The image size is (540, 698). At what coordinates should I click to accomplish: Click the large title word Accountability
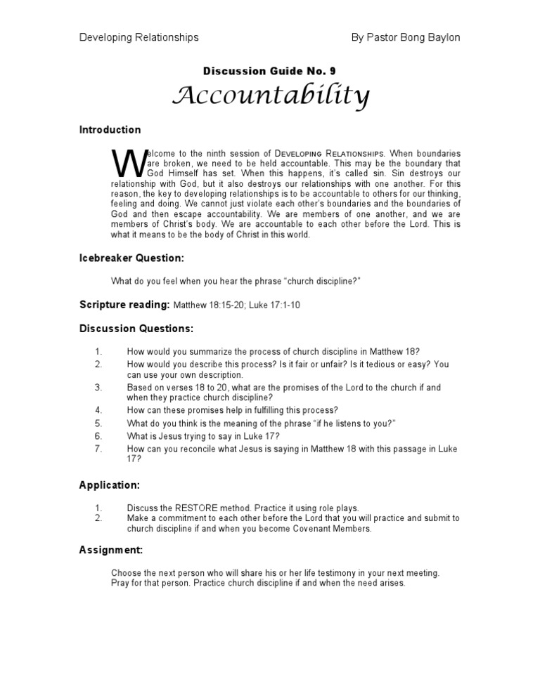(x=271, y=96)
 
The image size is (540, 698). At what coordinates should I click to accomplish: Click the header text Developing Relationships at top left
(x=139, y=37)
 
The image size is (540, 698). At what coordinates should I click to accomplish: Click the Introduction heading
(x=110, y=130)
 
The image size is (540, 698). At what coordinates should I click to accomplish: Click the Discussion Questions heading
(x=136, y=329)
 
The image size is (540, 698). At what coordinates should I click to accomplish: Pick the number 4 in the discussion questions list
(x=98, y=410)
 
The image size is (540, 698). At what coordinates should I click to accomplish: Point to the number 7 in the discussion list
(x=98, y=448)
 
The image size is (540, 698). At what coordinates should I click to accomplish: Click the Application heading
(x=109, y=485)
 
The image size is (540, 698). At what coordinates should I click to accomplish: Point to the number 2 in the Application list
(x=98, y=518)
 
